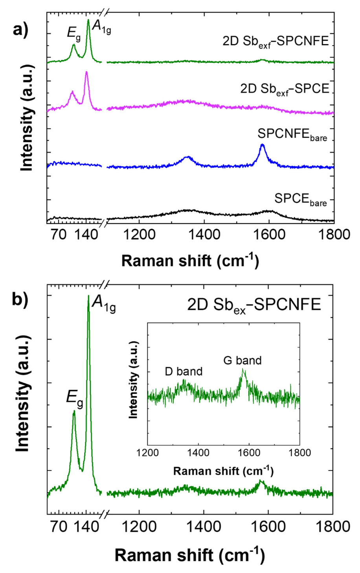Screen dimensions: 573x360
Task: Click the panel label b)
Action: point(20,299)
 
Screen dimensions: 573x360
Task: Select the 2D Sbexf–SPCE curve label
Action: point(285,89)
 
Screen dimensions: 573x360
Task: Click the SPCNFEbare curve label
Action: point(292,135)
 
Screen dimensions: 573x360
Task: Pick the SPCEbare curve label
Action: point(300,199)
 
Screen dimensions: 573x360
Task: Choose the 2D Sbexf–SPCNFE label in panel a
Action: point(276,41)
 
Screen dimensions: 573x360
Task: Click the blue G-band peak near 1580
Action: point(262,145)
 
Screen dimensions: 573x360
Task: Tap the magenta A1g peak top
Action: point(86,72)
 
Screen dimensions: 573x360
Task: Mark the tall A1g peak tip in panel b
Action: point(88,296)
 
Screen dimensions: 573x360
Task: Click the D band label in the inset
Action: point(184,371)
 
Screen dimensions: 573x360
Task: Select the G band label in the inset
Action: point(242,360)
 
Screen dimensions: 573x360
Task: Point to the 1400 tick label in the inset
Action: point(198,453)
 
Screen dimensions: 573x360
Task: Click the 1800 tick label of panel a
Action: point(333,235)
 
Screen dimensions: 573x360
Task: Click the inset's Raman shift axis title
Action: point(223,470)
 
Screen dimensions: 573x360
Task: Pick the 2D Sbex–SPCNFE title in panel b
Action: point(254,305)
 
